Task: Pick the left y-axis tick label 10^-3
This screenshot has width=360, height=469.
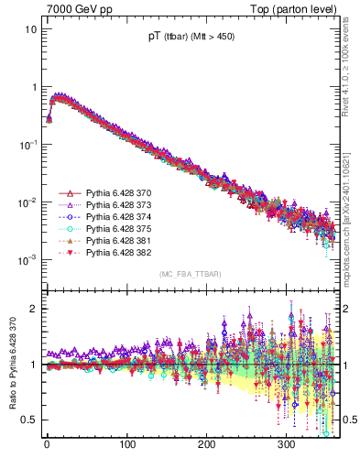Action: pyautogui.click(x=28, y=260)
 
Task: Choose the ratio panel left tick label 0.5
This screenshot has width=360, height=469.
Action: pyautogui.click(x=29, y=420)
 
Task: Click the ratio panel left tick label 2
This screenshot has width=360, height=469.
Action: pyautogui.click(x=33, y=309)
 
